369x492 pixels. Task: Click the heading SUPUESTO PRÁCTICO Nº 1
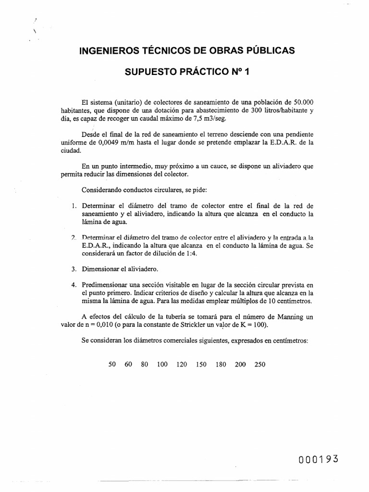187,73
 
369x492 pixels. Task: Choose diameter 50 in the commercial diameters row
112,364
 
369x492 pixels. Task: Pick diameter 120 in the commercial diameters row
182,364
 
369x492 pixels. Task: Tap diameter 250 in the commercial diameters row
259,364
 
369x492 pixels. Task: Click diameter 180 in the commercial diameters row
221,364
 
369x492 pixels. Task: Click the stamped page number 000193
318,459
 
